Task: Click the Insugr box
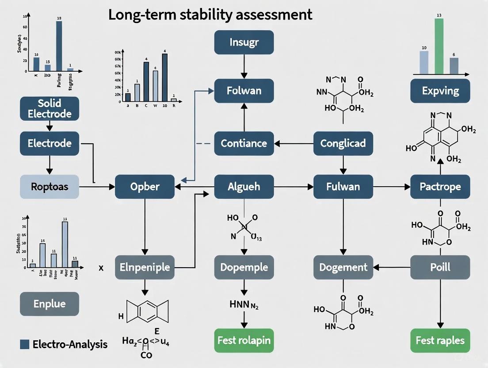244,43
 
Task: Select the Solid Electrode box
50,109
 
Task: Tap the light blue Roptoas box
50,186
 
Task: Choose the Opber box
145,186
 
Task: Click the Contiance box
244,143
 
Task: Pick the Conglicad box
343,143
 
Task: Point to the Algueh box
244,186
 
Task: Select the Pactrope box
440,186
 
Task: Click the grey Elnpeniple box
145,267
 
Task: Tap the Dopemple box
244,267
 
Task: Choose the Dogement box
343,267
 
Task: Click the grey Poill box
440,267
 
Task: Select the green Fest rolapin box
244,341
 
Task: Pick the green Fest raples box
440,341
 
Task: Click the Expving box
440,91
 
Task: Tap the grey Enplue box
50,304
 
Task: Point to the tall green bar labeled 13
439,46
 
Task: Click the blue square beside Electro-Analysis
25,344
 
